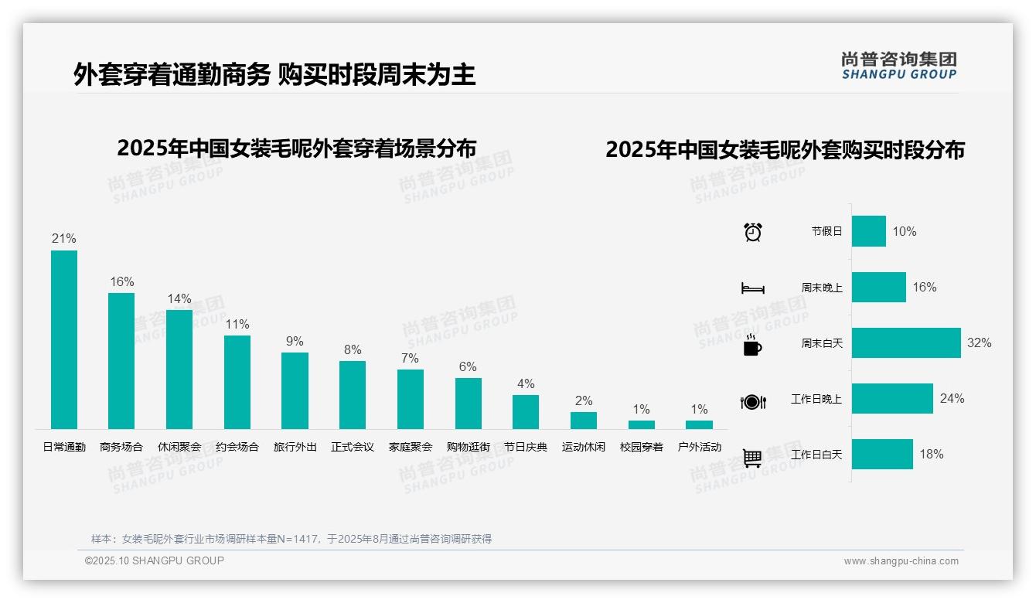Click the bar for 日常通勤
point(64,339)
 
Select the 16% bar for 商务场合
point(121,360)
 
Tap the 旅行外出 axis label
point(295,447)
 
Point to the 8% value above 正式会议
point(353,349)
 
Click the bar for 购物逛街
point(468,403)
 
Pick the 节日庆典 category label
point(526,447)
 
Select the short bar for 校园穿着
point(641,424)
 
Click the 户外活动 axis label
point(699,447)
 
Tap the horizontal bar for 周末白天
point(906,342)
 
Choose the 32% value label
point(979,342)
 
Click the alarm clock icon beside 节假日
point(753,232)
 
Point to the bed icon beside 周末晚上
point(753,288)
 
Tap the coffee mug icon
point(752,345)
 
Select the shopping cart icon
point(752,458)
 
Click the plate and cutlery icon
point(753,401)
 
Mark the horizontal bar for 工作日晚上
point(892,398)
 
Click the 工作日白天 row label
point(816,455)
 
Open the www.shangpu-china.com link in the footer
point(901,561)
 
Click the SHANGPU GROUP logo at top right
point(898,66)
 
